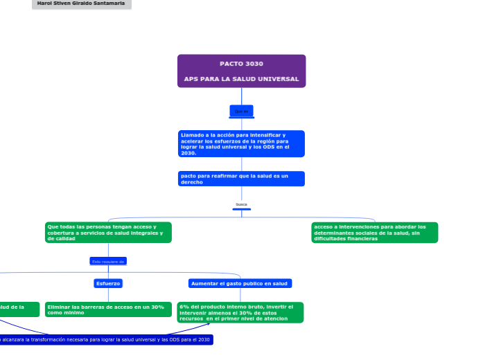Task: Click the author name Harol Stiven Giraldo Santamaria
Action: (x=81, y=3)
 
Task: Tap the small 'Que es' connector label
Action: (x=241, y=111)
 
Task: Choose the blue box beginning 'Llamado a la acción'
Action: (x=241, y=143)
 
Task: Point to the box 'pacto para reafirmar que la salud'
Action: (x=241, y=179)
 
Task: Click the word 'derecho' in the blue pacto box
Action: (x=192, y=182)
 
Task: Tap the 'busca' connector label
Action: (x=241, y=205)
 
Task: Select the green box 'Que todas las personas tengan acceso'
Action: (x=107, y=232)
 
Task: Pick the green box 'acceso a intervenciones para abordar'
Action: (x=375, y=232)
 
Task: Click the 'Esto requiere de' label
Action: (x=108, y=261)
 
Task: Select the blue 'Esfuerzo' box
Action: (x=108, y=283)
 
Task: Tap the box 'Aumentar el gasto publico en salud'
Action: (x=240, y=283)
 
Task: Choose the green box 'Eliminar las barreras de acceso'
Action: (x=107, y=309)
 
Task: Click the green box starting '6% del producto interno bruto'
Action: (x=240, y=312)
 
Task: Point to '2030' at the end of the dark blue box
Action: (x=204, y=339)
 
